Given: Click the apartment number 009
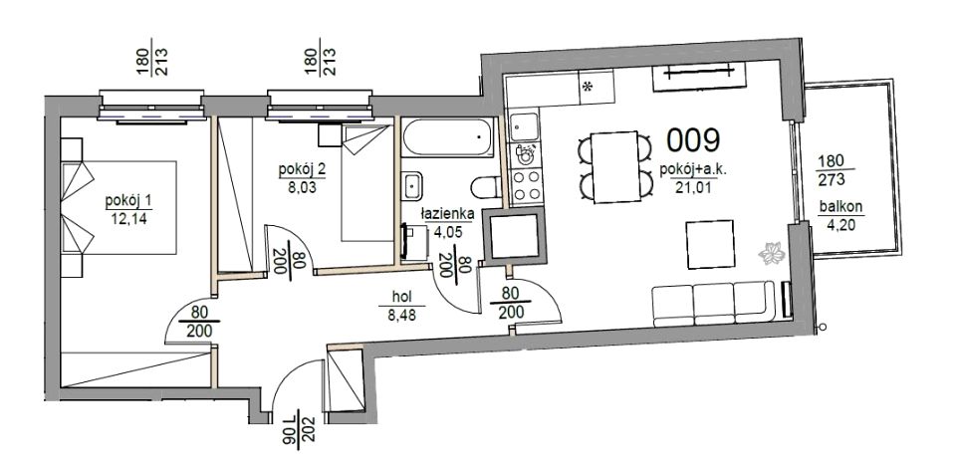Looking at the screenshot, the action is pyautogui.click(x=693, y=139).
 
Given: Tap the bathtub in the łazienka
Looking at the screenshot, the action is pyautogui.click(x=448, y=137).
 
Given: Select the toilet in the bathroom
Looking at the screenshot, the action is pyautogui.click(x=487, y=187).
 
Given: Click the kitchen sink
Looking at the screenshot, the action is pyautogui.click(x=525, y=126).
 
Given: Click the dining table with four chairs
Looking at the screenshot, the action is pyautogui.click(x=615, y=166).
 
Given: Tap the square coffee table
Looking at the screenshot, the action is pyautogui.click(x=710, y=245).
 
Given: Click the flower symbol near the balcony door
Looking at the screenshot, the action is pyautogui.click(x=772, y=253).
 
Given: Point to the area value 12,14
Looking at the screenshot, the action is pyautogui.click(x=129, y=218).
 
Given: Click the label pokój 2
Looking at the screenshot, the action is pyautogui.click(x=302, y=169).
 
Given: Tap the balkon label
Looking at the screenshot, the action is pyautogui.click(x=840, y=207).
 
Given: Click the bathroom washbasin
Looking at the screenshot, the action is pyautogui.click(x=412, y=184).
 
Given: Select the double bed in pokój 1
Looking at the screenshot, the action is pyautogui.click(x=119, y=207).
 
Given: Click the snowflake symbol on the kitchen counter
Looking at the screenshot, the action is pyautogui.click(x=588, y=87).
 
